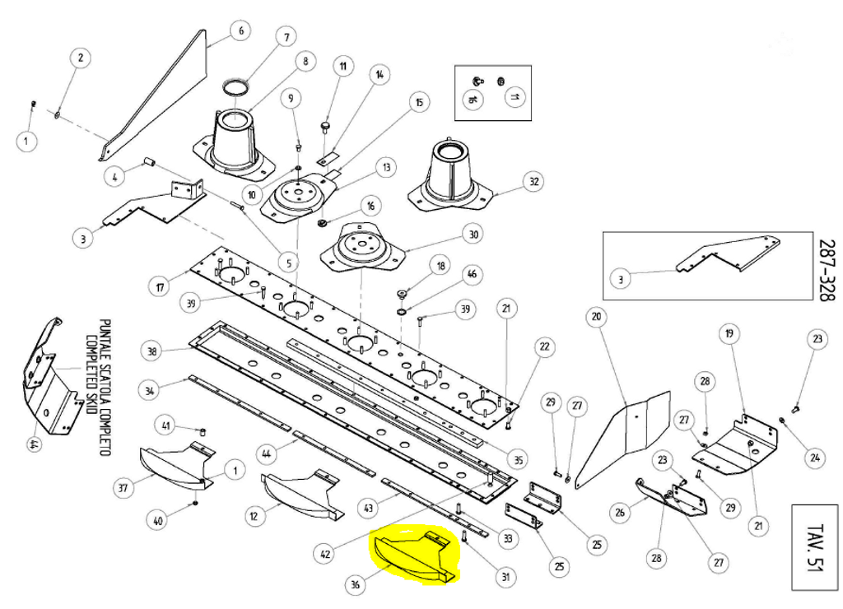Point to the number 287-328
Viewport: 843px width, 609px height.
826,272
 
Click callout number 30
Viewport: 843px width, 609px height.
473,235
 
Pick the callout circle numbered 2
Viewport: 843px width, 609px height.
80,58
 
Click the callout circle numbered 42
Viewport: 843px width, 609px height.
326,554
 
